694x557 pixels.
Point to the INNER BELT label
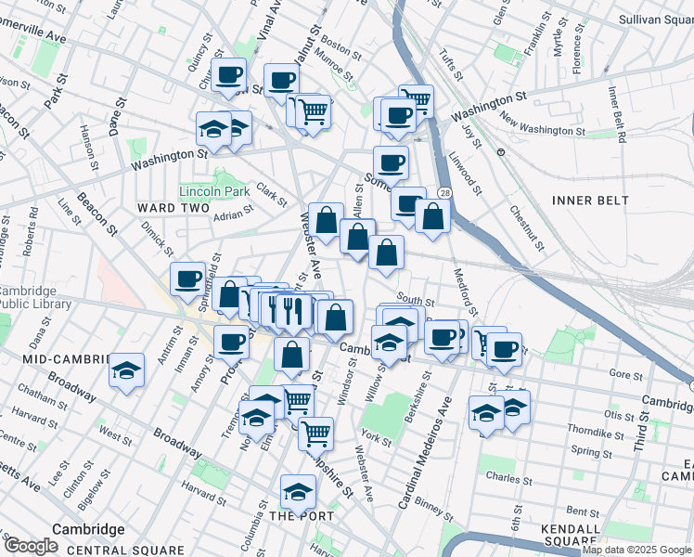click(589, 201)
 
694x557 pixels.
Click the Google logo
click(32, 545)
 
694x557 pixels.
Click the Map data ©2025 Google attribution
click(636, 551)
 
